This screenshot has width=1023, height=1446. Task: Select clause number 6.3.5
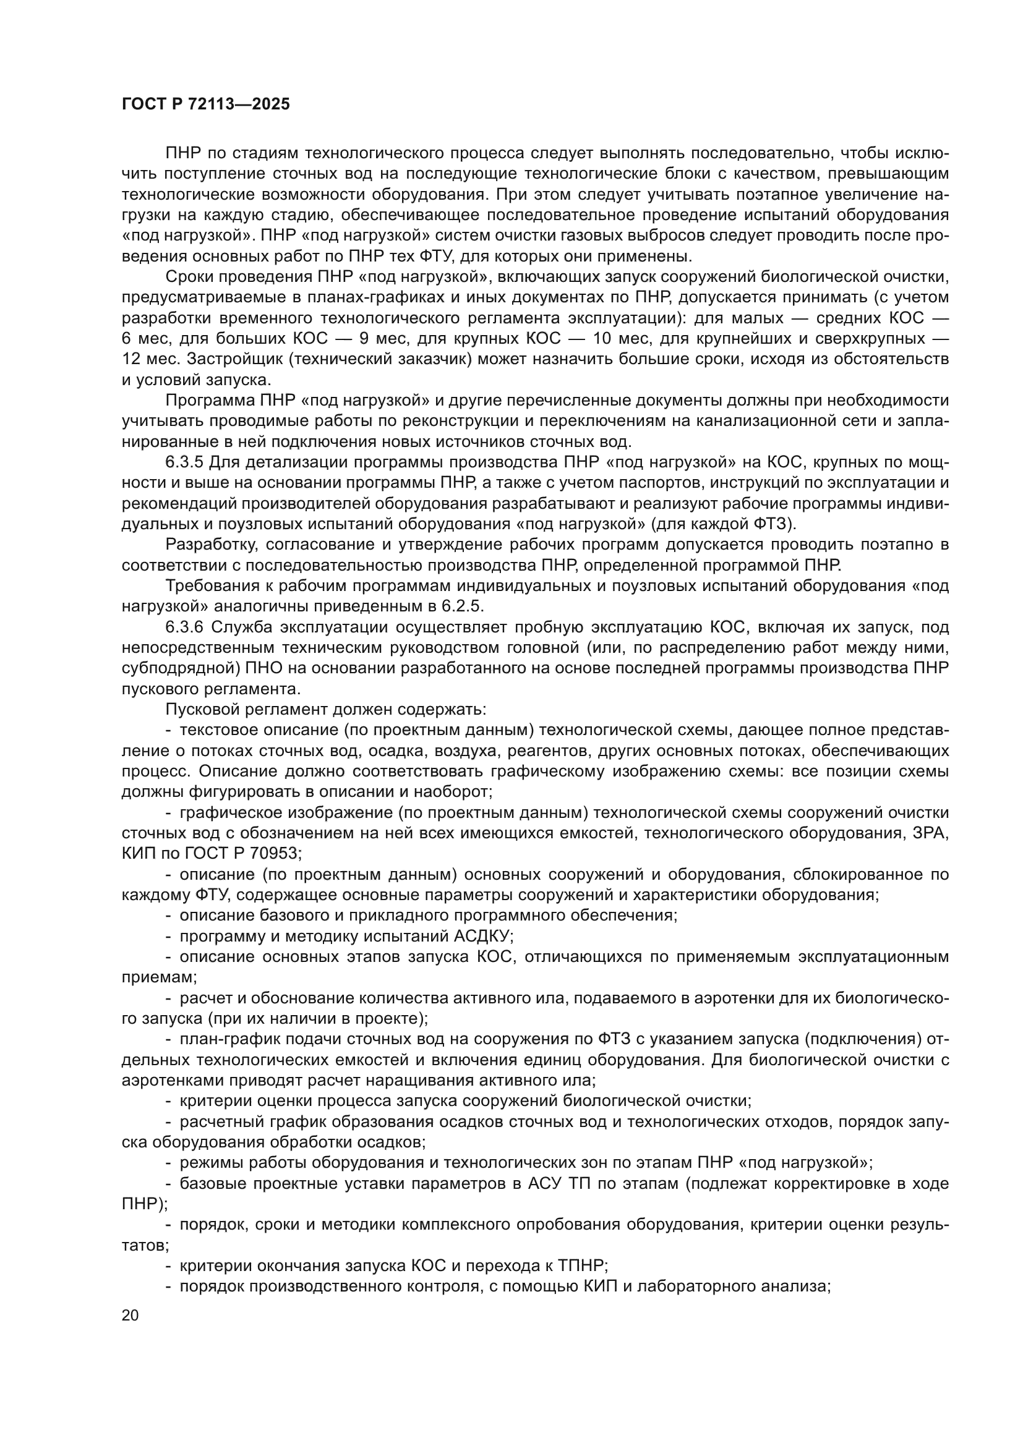[184, 462]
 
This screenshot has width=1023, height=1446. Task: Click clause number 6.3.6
[184, 627]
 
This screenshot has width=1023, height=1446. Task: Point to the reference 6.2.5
[461, 606]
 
